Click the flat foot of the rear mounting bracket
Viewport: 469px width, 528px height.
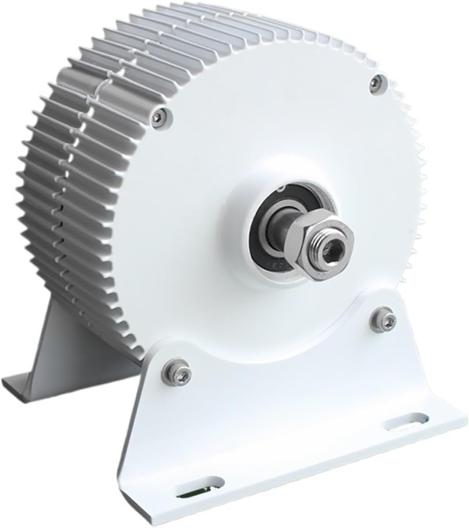[x=27, y=381]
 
